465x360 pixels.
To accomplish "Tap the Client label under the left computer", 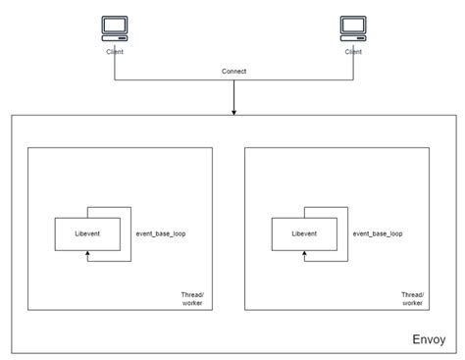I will [x=116, y=51].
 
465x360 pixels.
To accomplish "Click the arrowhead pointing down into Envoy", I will [x=233, y=110].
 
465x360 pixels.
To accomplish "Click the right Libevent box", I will [x=305, y=233].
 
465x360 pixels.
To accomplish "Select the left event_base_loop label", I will [x=161, y=234].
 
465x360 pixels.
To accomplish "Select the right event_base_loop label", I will [x=378, y=234].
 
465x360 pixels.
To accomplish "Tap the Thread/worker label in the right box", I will [x=413, y=298].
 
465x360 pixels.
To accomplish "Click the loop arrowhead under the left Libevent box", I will [x=88, y=254].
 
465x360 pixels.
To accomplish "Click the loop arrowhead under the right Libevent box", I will [x=305, y=254].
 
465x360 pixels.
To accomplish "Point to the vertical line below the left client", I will [x=116, y=67].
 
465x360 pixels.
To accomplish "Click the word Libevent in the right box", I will [x=305, y=233].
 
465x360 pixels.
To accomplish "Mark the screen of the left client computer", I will [x=116, y=25].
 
